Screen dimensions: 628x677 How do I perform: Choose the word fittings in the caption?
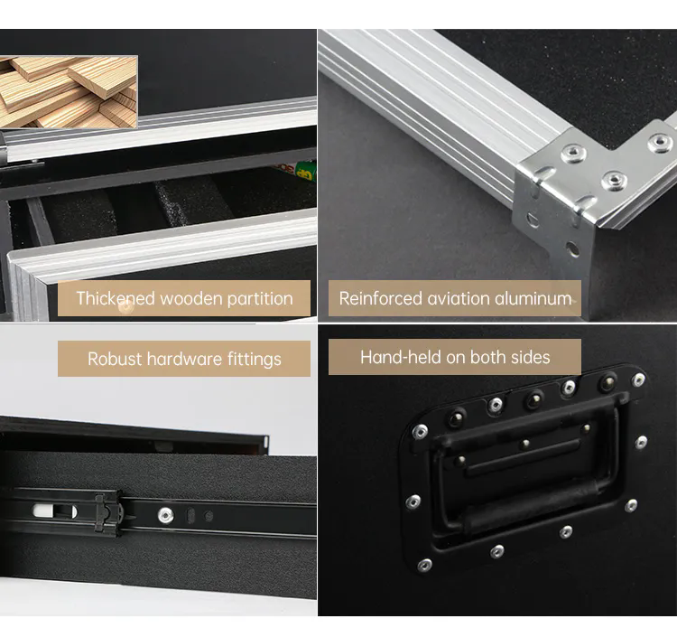254,359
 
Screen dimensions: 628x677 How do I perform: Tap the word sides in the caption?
527,357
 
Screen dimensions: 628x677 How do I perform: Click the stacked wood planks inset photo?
69,90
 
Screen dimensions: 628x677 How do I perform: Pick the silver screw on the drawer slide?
165,515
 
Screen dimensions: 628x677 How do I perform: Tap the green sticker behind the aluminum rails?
306,171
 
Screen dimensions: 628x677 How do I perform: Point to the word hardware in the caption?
185,359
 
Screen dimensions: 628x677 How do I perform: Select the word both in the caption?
487,357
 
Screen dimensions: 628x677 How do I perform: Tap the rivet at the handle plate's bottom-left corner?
424,565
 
